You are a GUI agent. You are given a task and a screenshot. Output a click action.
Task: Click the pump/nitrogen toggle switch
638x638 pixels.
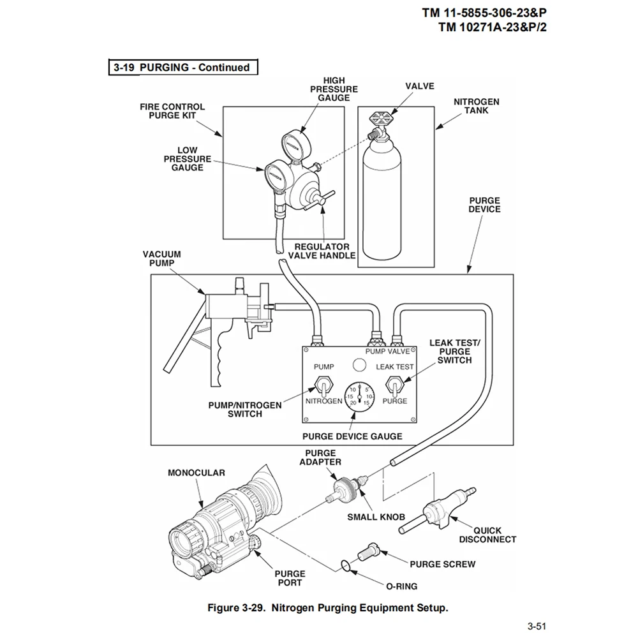click(x=324, y=386)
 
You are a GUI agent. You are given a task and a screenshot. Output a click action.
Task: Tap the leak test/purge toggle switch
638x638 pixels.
click(x=394, y=386)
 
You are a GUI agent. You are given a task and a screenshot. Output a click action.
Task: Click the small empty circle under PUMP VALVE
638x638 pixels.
click(x=359, y=365)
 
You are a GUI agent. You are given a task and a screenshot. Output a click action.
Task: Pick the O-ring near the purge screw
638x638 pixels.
click(x=345, y=565)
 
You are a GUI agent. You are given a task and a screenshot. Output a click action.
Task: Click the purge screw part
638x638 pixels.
click(x=368, y=552)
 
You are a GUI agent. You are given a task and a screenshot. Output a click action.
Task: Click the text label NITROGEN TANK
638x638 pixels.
click(x=477, y=106)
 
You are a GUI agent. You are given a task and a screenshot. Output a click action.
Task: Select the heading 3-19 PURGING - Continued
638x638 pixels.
click(x=182, y=68)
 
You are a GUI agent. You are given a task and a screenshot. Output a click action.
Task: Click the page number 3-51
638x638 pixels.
click(x=537, y=626)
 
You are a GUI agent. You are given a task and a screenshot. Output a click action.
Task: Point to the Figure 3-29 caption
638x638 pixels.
click(x=328, y=608)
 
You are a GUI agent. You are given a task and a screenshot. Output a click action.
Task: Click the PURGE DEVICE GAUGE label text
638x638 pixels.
click(x=352, y=436)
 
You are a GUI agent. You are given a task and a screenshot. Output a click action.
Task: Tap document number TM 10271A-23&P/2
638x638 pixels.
click(x=493, y=27)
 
